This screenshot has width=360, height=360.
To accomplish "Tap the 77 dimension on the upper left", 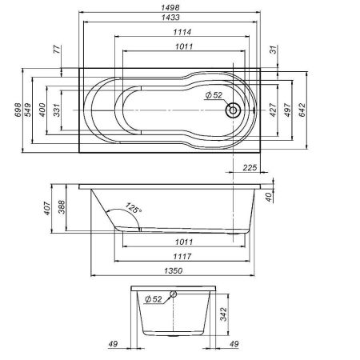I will [x=57, y=50].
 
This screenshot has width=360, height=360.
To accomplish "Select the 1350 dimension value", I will [x=179, y=272].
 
